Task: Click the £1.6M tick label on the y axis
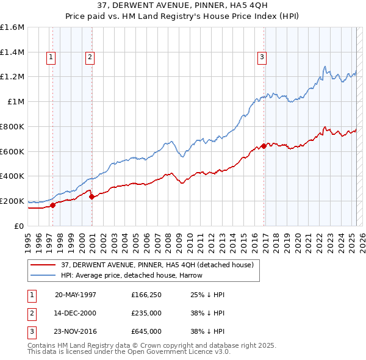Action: pos(12,27)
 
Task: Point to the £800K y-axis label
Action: pos(12,126)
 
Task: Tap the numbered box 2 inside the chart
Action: pos(90,58)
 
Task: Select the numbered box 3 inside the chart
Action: pos(262,58)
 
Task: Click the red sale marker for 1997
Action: pos(53,205)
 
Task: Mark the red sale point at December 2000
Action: pos(91,196)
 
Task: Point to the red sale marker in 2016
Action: pos(264,146)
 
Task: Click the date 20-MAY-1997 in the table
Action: pos(76,295)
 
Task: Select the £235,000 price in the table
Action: pos(146,313)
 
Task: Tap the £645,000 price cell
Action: pos(146,331)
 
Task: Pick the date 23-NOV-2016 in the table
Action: pos(76,331)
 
